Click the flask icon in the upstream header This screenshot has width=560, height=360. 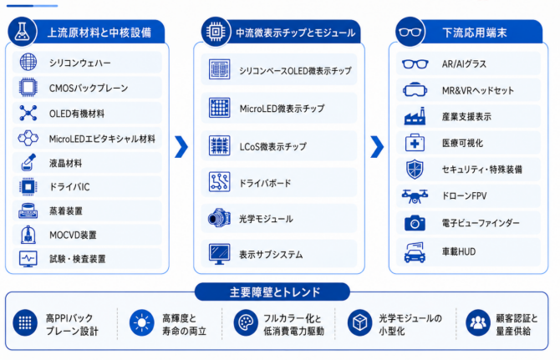click(x=22, y=32)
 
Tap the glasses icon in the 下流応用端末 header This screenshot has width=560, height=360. click(x=410, y=32)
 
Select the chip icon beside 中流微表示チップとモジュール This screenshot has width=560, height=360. click(x=216, y=32)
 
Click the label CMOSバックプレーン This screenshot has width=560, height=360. click(x=89, y=89)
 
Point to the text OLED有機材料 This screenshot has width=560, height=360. click(x=77, y=114)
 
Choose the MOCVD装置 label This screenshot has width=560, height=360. click(x=73, y=235)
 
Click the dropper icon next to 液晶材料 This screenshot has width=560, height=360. click(x=28, y=162)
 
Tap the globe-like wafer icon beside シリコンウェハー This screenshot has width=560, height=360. click(x=28, y=62)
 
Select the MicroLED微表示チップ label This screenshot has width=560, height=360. click(x=283, y=109)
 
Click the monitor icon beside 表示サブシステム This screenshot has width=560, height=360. click(x=219, y=254)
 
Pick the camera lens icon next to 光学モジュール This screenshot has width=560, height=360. click(x=219, y=218)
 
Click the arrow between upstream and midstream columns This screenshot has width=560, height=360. click(x=181, y=147)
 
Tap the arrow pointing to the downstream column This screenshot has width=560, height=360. click(x=377, y=147)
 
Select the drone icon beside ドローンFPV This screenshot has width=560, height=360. click(x=415, y=196)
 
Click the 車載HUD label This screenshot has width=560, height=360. click(x=459, y=252)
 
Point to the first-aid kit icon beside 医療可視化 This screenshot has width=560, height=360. click(x=415, y=143)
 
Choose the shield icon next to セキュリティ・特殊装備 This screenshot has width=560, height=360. click(x=415, y=169)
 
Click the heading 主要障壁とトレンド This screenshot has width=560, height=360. click(x=274, y=292)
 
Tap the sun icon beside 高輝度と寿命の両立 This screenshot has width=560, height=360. click(x=142, y=323)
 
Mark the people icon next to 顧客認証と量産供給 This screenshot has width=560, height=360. click(x=478, y=323)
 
